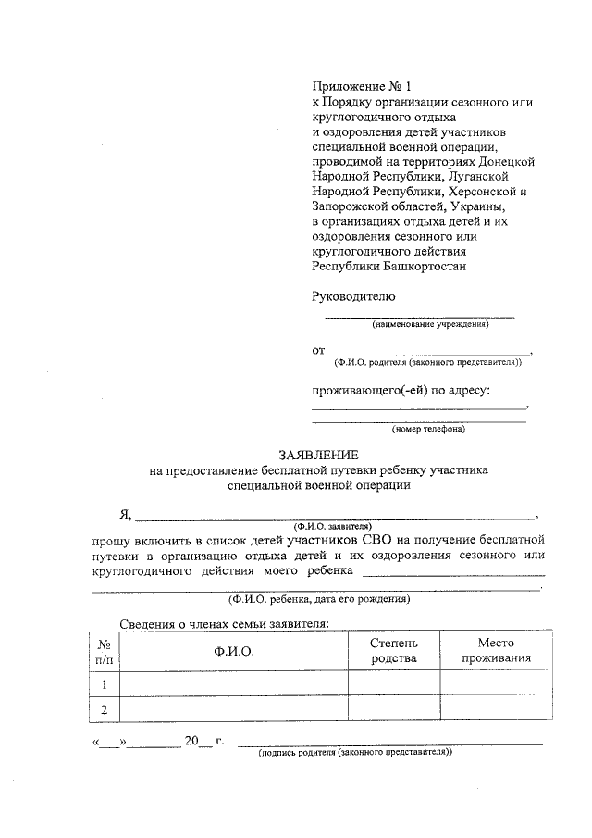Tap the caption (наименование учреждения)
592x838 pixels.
point(430,325)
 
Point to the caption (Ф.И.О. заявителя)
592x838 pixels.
point(332,524)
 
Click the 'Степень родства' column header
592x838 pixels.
point(394,650)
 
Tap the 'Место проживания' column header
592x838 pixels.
point(497,650)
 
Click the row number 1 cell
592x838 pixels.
point(105,684)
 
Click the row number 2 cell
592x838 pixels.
point(105,709)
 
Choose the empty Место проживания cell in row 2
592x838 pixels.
point(497,709)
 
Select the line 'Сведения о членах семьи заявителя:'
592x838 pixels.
point(225,624)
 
